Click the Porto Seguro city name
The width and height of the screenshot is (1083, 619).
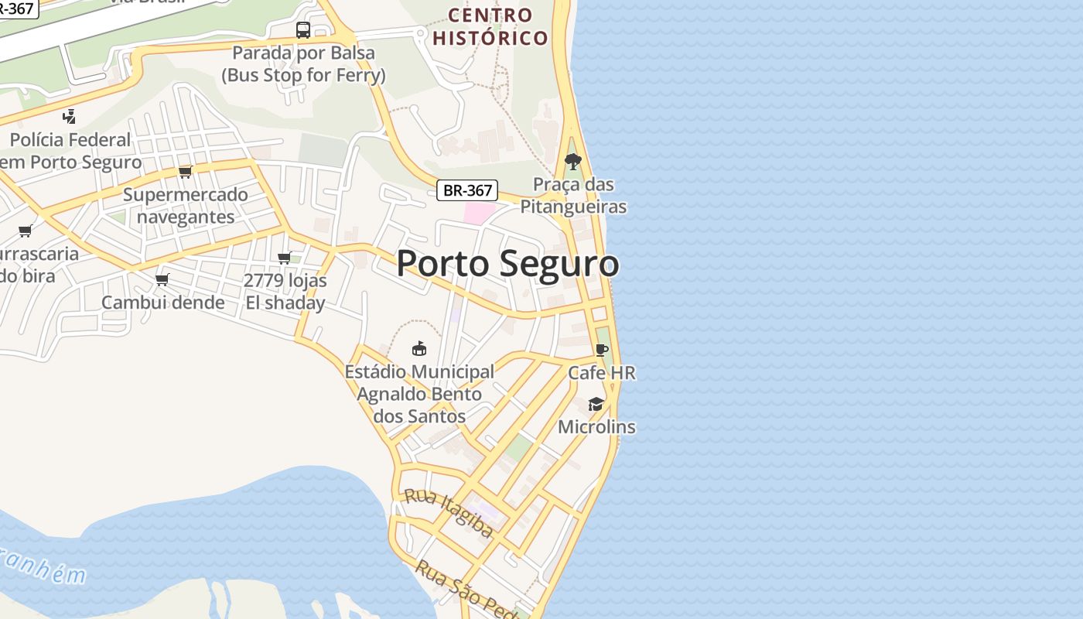click(x=507, y=263)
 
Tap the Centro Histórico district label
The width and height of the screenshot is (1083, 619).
click(x=490, y=26)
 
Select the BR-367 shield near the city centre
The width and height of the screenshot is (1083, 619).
click(x=466, y=190)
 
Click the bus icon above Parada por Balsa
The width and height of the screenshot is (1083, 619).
click(x=303, y=30)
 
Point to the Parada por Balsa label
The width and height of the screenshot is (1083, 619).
click(x=303, y=64)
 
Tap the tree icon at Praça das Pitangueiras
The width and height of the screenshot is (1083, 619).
click(x=573, y=162)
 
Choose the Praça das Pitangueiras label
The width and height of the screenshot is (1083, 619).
click(x=573, y=196)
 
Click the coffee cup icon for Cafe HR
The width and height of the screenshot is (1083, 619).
click(x=602, y=350)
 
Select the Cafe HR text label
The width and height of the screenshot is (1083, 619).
click(x=602, y=373)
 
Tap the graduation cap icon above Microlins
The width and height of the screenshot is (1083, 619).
click(x=596, y=404)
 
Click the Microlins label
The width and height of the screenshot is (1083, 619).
click(x=596, y=427)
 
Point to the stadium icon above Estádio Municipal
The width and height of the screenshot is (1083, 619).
click(x=419, y=348)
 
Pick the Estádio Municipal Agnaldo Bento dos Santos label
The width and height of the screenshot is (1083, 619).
click(x=419, y=394)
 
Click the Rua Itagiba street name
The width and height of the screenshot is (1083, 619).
click(x=449, y=512)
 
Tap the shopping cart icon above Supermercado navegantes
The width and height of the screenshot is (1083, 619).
click(x=185, y=171)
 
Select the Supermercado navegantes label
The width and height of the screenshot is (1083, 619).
click(x=186, y=205)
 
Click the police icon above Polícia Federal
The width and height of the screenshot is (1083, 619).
click(x=70, y=117)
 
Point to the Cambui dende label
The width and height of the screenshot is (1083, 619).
click(x=163, y=303)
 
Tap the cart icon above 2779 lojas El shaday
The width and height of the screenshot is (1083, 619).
click(x=285, y=258)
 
